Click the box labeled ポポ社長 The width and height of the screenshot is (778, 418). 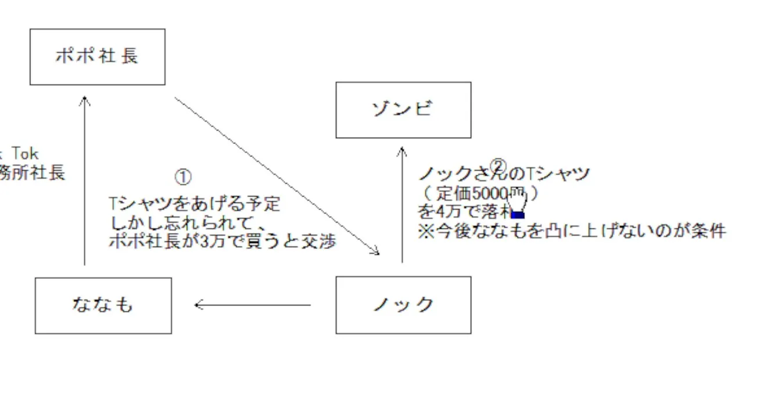(x=97, y=57)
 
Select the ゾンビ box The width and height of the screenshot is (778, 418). (x=403, y=110)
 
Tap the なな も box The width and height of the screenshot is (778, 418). (x=103, y=305)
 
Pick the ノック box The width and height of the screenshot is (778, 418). (x=403, y=305)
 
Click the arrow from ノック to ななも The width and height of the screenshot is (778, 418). (x=253, y=305)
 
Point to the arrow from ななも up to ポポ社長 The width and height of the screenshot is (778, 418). (x=85, y=180)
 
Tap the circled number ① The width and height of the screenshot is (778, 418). (x=182, y=176)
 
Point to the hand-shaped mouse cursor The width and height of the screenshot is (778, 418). (x=517, y=203)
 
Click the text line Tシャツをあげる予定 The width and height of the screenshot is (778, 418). (x=195, y=204)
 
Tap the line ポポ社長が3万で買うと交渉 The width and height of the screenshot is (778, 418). (x=222, y=242)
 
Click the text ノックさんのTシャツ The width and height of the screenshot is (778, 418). (x=504, y=174)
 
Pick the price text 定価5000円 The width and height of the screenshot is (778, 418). (x=478, y=193)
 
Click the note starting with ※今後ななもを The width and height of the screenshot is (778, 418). (x=571, y=230)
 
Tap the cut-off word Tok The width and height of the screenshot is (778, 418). (x=25, y=154)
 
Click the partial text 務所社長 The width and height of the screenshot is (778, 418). (x=33, y=172)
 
